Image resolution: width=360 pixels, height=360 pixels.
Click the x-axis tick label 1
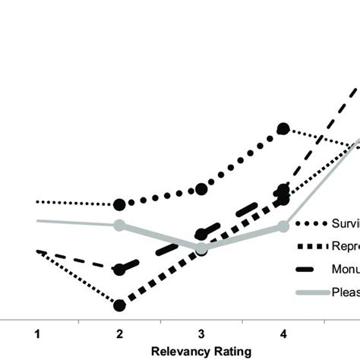click(x=36, y=333)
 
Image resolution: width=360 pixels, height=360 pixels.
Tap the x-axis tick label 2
click(x=119, y=333)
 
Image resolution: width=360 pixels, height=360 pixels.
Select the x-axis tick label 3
click(x=201, y=333)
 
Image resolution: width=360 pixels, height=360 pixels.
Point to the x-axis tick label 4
click(x=283, y=333)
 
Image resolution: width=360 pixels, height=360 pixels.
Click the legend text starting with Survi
click(x=345, y=223)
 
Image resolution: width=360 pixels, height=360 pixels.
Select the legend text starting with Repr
click(x=345, y=245)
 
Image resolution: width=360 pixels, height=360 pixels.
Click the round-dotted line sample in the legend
click(x=308, y=223)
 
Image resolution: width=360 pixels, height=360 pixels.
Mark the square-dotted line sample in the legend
click(x=308, y=245)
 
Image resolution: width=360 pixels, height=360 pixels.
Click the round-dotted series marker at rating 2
click(x=119, y=204)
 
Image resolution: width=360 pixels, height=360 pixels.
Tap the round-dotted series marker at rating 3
click(x=201, y=188)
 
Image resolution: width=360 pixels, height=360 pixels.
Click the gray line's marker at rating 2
click(x=119, y=225)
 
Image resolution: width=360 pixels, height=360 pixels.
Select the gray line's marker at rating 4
click(x=283, y=226)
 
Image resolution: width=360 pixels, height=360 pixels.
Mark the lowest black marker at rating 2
click(x=119, y=305)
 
